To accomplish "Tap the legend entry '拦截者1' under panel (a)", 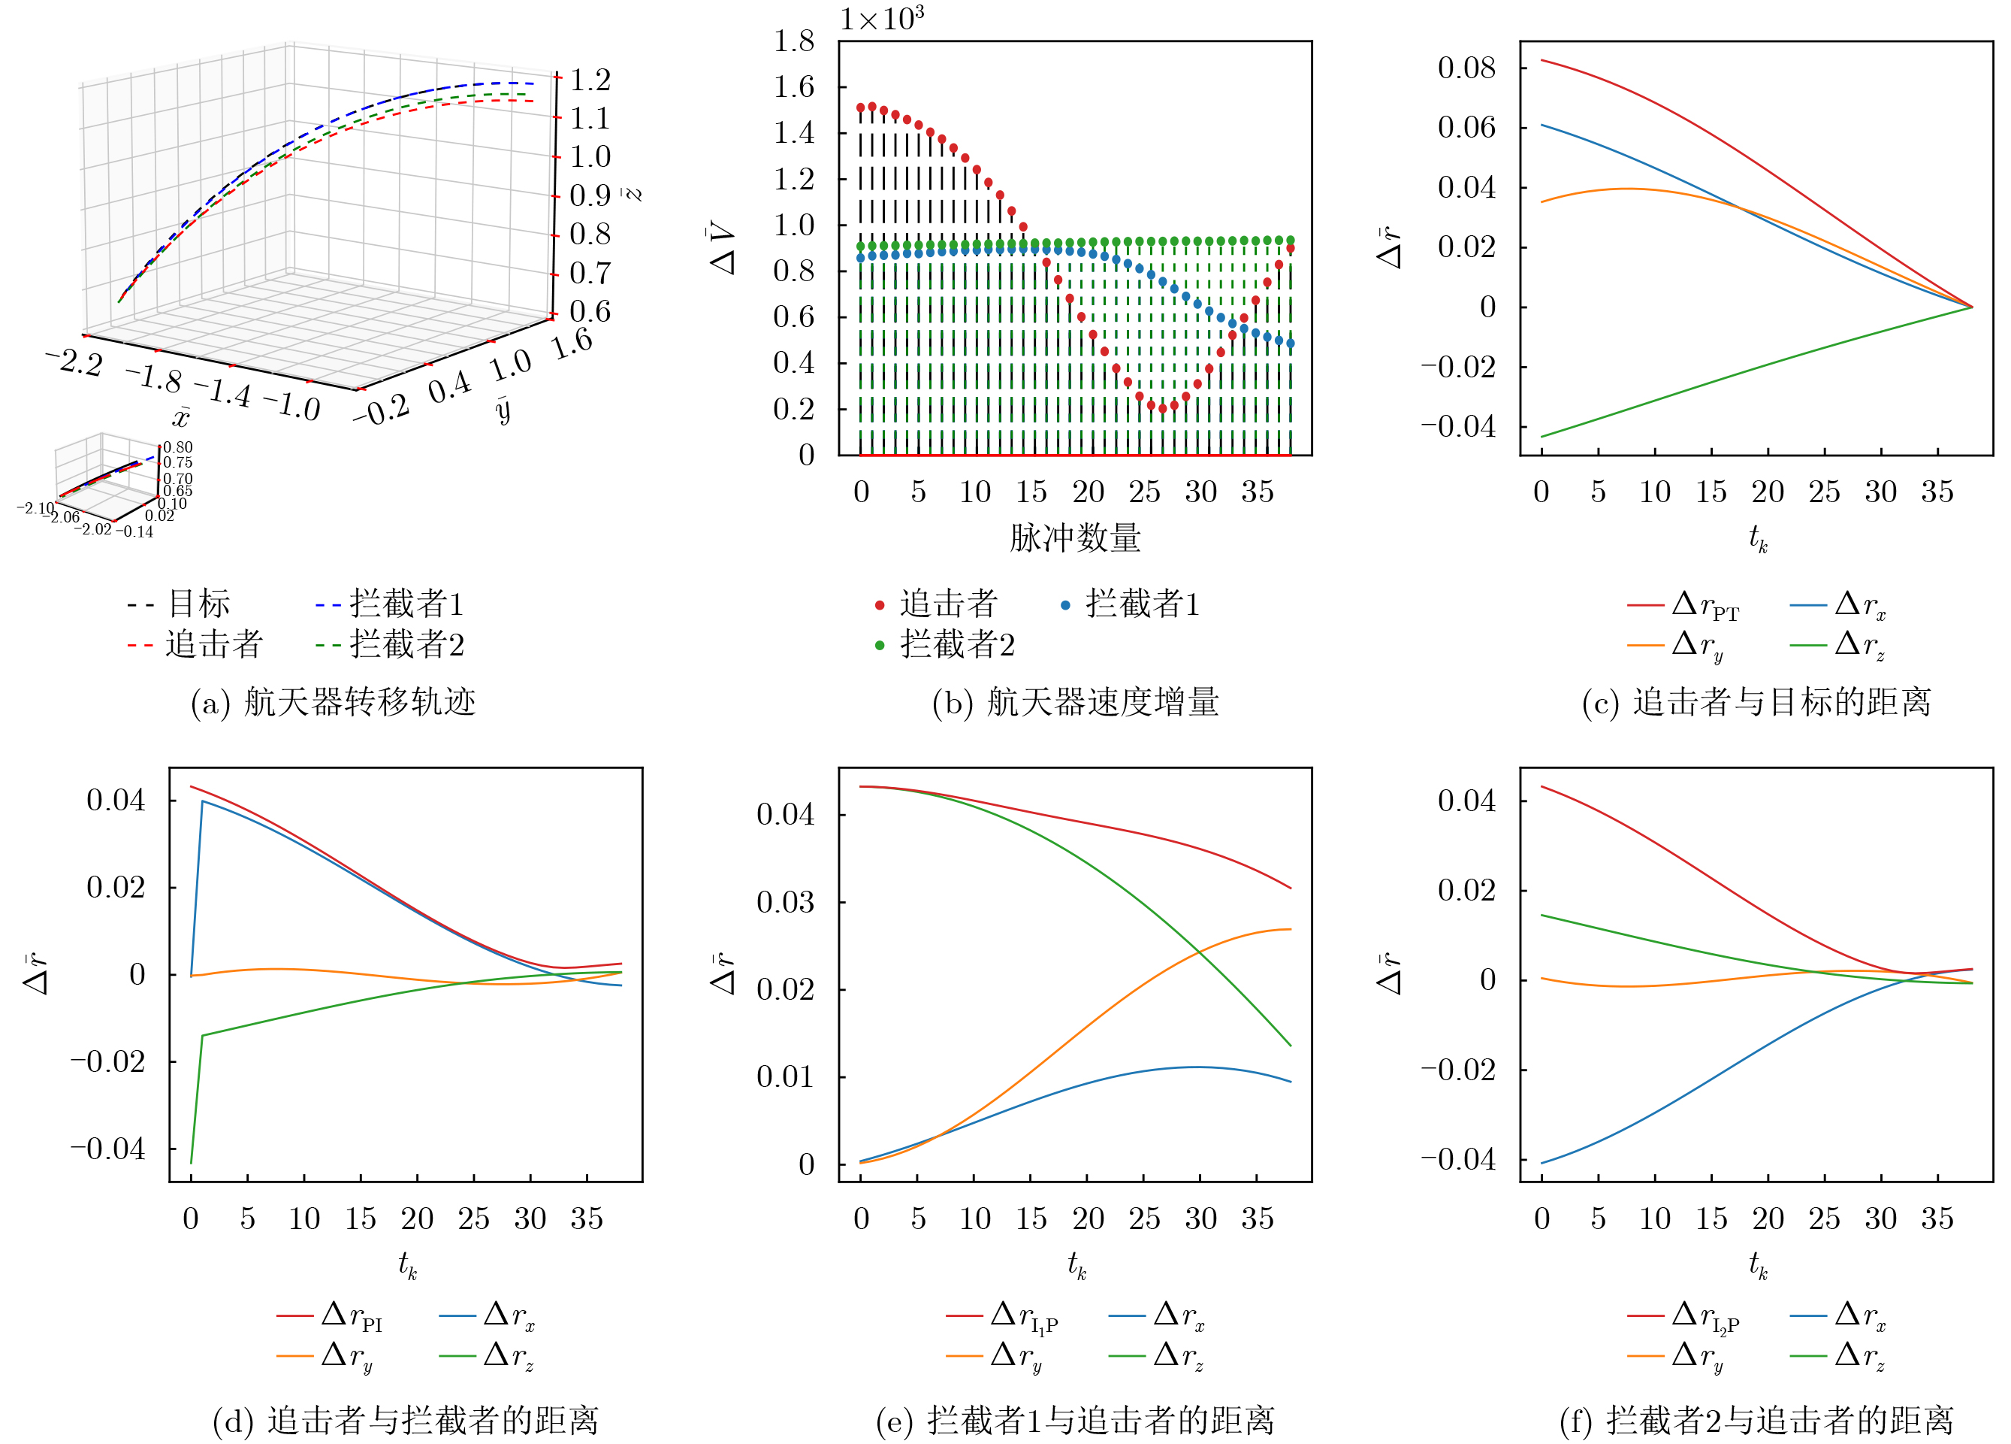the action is point(389,604).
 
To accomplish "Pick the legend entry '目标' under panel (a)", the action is point(179,604).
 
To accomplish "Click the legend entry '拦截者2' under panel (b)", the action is point(944,645).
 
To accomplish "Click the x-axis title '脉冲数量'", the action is point(1076,537).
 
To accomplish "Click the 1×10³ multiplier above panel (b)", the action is point(882,19).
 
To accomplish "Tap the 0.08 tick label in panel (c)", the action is point(1466,68).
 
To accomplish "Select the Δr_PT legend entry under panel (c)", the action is point(1683,606).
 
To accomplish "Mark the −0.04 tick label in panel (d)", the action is point(107,1149).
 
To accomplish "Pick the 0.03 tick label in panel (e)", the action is point(786,902).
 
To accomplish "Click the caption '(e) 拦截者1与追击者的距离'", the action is point(1076,1420).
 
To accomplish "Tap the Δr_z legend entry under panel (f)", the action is point(1838,1356).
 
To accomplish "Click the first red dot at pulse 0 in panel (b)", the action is point(861,107).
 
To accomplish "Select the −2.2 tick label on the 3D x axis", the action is point(75,361).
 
